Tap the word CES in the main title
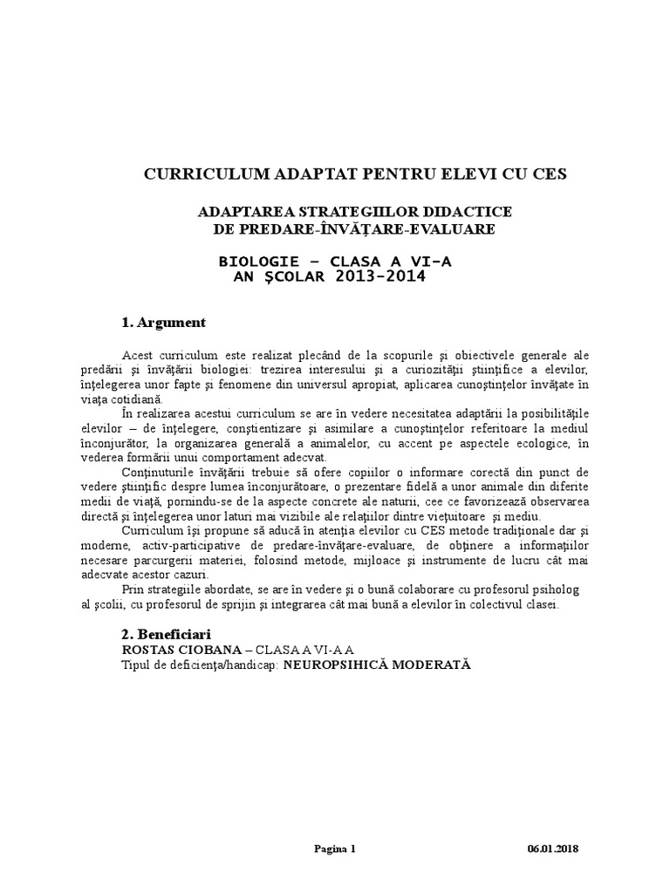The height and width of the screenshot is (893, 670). (x=547, y=174)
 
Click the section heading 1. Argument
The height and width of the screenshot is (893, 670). (x=164, y=323)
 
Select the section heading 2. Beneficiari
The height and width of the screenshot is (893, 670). (x=167, y=633)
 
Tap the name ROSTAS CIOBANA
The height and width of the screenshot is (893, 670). (x=178, y=649)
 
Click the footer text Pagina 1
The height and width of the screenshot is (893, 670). (x=335, y=849)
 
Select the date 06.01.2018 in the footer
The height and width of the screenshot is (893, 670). (x=553, y=849)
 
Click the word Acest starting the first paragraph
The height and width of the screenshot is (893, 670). (x=138, y=355)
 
